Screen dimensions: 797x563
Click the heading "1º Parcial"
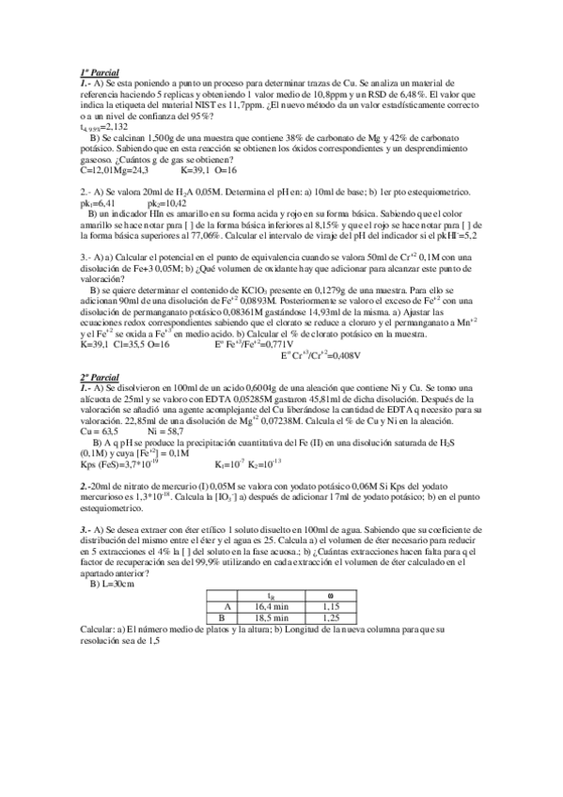click(x=100, y=72)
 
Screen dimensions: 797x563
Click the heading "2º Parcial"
click(x=100, y=377)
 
